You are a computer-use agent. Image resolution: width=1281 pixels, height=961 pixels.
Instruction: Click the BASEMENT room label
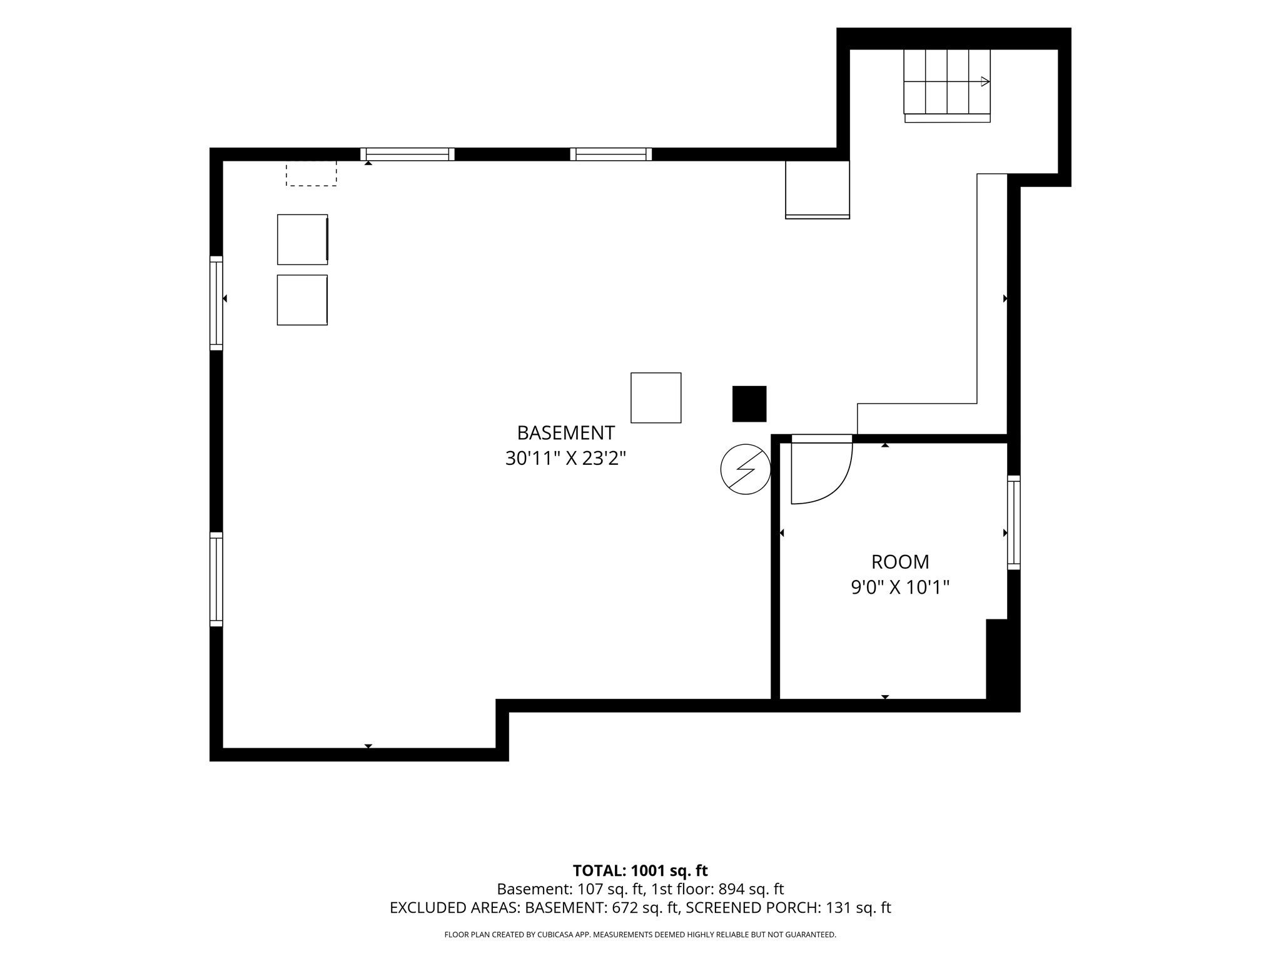(x=565, y=433)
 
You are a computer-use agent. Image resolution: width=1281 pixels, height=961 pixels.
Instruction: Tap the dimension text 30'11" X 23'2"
(x=565, y=459)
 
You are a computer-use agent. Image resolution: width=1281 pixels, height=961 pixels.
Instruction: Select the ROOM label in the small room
(x=900, y=562)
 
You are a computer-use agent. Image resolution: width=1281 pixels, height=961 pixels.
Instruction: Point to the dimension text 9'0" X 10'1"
(x=900, y=587)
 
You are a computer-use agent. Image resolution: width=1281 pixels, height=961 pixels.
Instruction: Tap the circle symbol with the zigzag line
(x=746, y=469)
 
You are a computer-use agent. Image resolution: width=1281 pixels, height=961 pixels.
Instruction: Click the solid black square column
(x=749, y=404)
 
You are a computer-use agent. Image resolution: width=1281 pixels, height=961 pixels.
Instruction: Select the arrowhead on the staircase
(x=985, y=81)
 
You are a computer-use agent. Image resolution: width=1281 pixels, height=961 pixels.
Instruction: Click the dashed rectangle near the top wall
(x=311, y=173)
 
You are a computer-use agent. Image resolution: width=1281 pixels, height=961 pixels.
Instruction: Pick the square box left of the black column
(x=656, y=398)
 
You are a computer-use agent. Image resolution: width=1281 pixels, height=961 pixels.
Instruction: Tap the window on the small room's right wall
(x=1014, y=522)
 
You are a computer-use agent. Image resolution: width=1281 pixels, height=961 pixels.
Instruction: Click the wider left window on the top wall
(x=407, y=154)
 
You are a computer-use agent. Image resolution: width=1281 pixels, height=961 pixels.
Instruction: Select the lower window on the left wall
(x=216, y=579)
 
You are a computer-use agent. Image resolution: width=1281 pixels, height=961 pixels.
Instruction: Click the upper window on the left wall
(x=216, y=303)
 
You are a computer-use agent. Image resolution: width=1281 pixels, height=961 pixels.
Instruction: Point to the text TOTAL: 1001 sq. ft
(x=640, y=870)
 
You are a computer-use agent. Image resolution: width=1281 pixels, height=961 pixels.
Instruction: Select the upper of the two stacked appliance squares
(x=303, y=239)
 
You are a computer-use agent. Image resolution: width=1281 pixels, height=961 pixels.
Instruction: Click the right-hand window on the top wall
(x=611, y=154)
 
